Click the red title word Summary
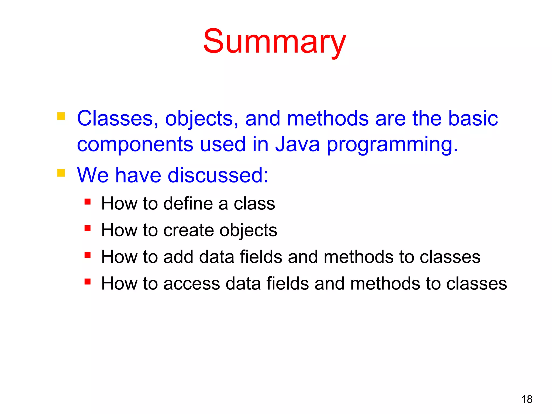(274, 42)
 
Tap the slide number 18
(527, 399)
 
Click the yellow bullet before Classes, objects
(61, 116)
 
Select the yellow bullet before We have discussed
(61, 173)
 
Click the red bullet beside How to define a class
(87, 202)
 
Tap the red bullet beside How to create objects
(87, 228)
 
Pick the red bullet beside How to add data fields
(87, 255)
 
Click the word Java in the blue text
(297, 144)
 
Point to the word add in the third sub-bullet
(178, 257)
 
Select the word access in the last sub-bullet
(192, 284)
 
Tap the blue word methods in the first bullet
(328, 119)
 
